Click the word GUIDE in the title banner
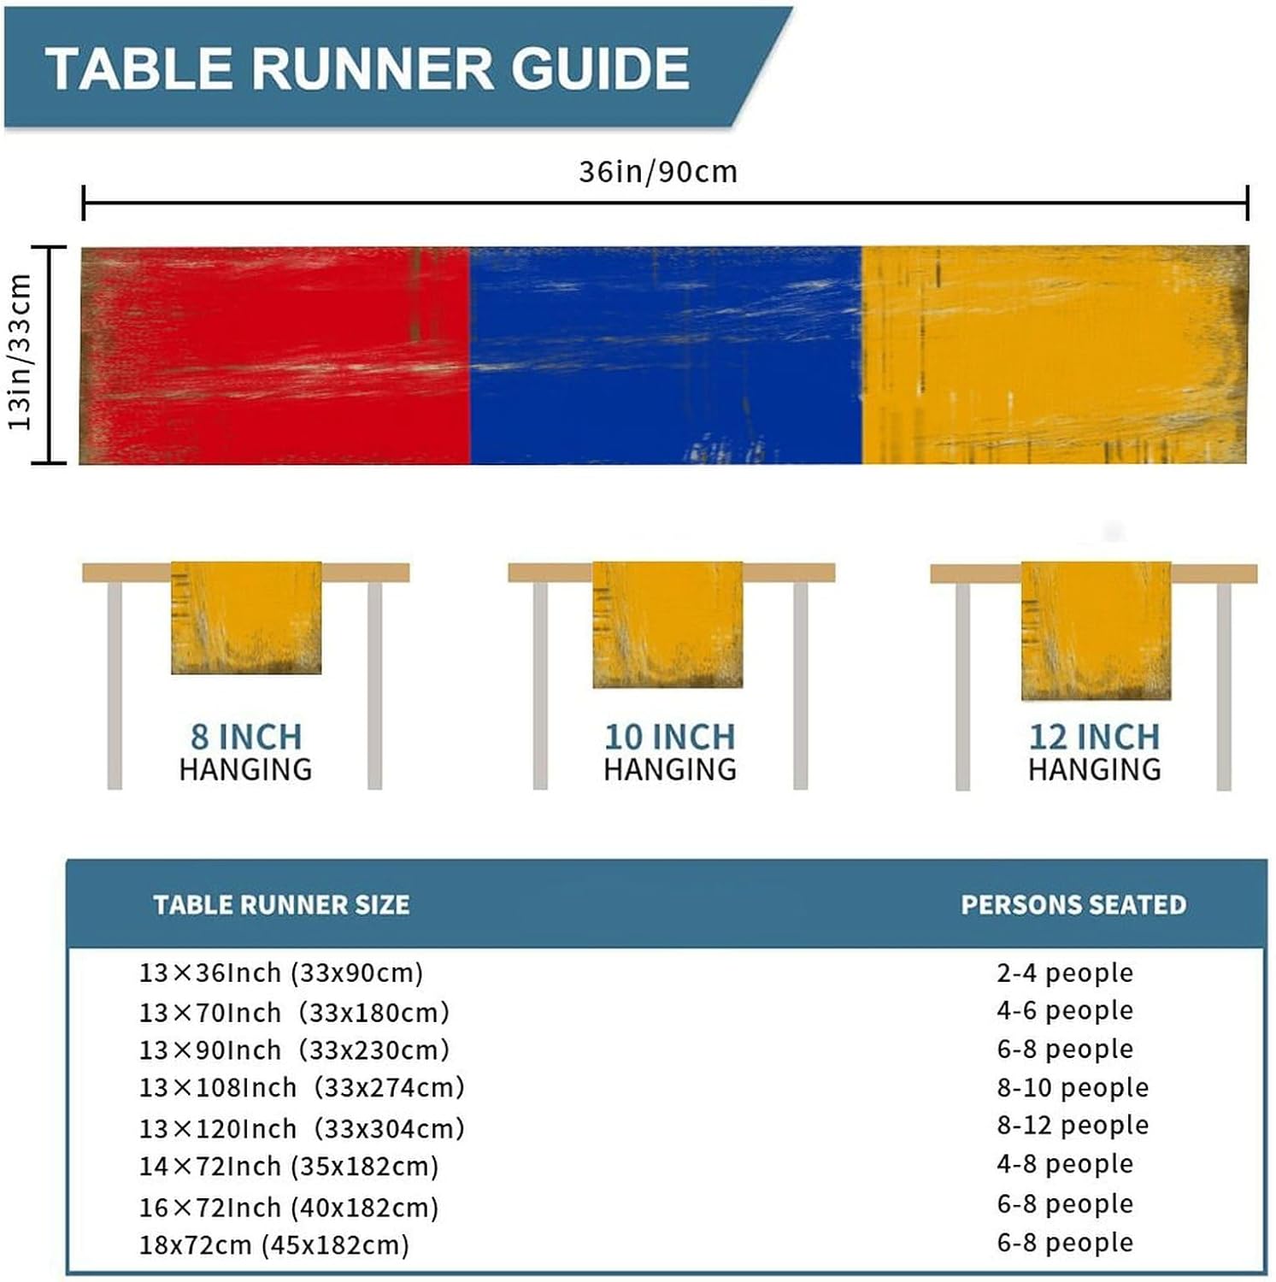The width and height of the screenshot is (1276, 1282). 600,68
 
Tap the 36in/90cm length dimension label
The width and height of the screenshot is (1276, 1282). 657,172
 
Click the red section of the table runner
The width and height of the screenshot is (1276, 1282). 275,356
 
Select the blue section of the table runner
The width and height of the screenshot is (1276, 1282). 665,356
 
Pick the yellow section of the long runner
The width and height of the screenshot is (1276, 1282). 1053,356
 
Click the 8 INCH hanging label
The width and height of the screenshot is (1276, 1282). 246,737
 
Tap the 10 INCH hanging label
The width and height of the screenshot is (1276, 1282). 669,737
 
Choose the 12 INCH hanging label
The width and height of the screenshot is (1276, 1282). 1094,737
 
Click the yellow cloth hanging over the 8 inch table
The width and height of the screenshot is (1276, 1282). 246,617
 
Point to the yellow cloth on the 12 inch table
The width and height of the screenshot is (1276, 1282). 1096,630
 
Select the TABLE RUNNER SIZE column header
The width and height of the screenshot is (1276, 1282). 281,904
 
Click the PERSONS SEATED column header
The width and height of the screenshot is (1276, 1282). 1073,904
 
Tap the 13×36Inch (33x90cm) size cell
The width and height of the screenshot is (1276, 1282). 281,973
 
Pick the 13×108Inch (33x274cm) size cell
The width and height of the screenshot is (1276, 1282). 302,1087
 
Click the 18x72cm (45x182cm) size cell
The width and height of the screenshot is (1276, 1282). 274,1244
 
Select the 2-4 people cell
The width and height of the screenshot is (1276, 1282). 1065,973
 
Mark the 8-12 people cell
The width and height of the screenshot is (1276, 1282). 1073,1125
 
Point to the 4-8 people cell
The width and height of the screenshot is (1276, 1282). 1065,1163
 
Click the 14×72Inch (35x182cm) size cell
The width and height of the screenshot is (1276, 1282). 289,1166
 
